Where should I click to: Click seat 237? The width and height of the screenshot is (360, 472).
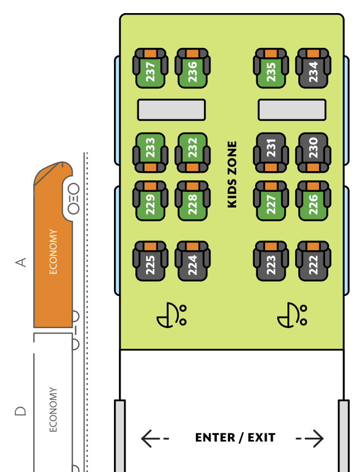[x=151, y=69]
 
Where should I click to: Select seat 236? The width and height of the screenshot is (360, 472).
[x=192, y=69]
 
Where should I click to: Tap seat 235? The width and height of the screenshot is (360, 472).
[x=271, y=69]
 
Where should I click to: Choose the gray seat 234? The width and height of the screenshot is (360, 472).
[x=313, y=69]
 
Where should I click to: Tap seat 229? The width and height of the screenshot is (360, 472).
[x=151, y=201]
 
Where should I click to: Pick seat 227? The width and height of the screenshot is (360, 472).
[x=271, y=201]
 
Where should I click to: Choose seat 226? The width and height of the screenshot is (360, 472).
[x=313, y=201]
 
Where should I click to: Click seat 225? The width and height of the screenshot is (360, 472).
[x=151, y=262]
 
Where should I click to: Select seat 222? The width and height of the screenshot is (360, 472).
[x=313, y=262]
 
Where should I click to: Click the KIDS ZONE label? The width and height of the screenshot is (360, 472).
[x=232, y=174]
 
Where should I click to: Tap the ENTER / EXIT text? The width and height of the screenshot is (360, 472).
[x=235, y=438]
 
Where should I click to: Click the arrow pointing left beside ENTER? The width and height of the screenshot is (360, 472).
[x=154, y=438]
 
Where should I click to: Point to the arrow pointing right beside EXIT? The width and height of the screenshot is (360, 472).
[x=310, y=438]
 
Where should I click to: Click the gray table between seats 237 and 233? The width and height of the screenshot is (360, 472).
[x=171, y=110]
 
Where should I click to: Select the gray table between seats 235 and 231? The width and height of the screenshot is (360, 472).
[x=292, y=110]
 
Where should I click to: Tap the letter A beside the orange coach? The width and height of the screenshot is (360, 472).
[x=21, y=263]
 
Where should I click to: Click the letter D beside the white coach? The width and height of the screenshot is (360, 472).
[x=21, y=410]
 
